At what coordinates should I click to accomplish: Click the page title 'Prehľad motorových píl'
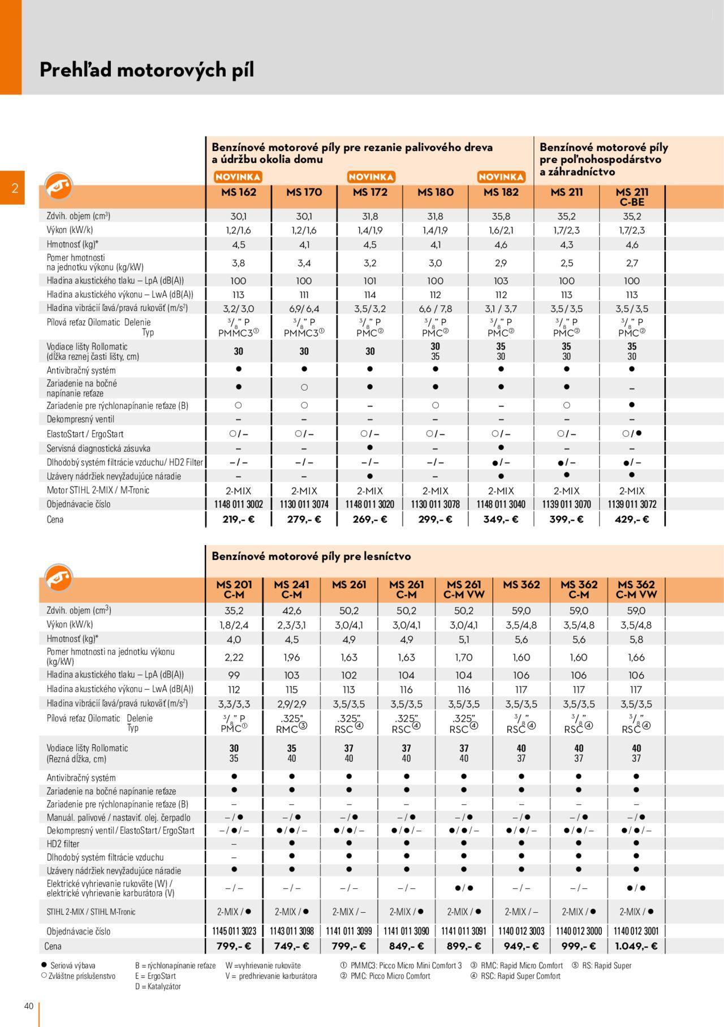click(x=146, y=70)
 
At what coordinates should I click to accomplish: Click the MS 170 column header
click(x=304, y=192)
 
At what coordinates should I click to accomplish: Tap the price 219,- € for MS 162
click(x=238, y=519)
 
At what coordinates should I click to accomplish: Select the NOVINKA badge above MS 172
click(x=370, y=177)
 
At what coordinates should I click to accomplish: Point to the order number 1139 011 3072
click(x=632, y=504)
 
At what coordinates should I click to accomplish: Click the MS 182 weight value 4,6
click(x=501, y=245)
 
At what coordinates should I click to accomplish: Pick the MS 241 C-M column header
click(x=291, y=589)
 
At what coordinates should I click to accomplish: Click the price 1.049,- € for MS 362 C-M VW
click(x=636, y=946)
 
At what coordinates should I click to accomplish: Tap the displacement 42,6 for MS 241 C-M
click(x=291, y=611)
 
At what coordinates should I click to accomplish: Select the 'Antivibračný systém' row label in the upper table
click(x=81, y=370)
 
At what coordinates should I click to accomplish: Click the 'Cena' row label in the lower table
click(x=53, y=946)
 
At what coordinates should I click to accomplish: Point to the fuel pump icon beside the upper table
click(x=59, y=185)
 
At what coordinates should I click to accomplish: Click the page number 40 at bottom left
click(x=29, y=1006)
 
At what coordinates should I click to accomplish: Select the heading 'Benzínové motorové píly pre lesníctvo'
click(x=311, y=556)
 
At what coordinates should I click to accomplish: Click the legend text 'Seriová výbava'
click(x=72, y=966)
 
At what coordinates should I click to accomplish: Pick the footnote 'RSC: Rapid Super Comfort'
click(x=520, y=976)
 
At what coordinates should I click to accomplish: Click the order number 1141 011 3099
click(x=349, y=931)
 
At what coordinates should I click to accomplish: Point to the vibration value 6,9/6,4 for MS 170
click(x=304, y=309)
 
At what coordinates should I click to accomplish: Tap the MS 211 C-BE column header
click(x=632, y=197)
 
